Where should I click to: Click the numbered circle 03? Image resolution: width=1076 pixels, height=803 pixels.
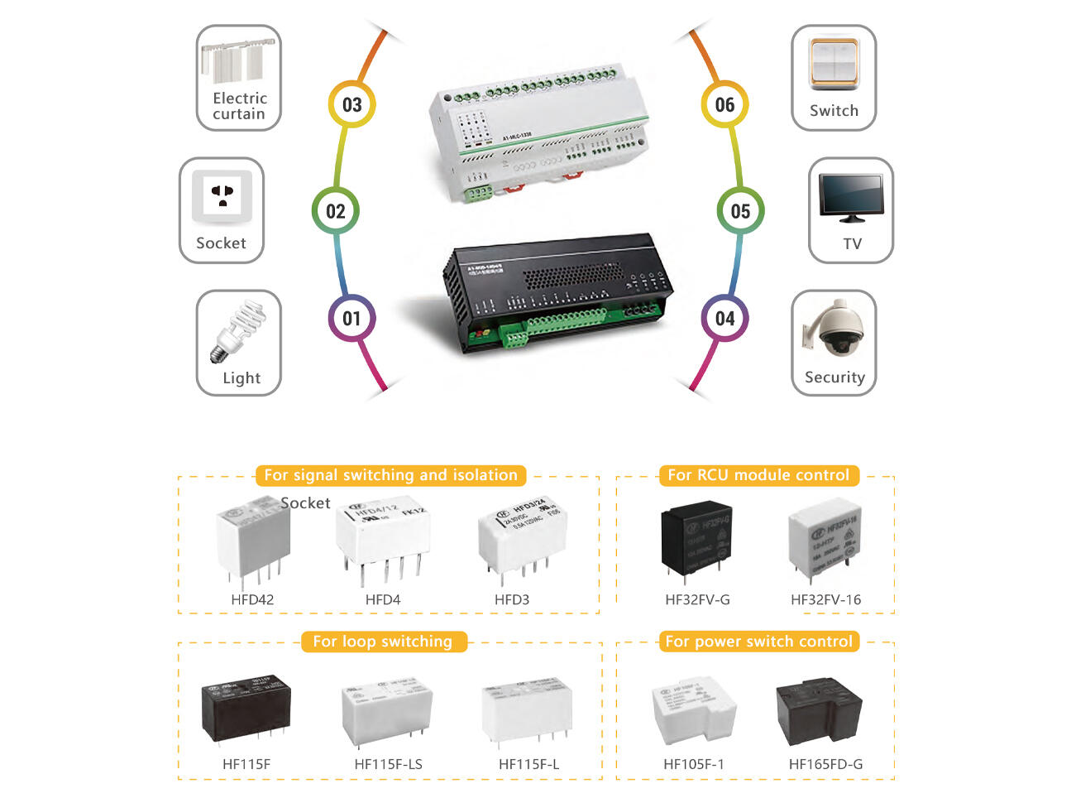pyautogui.click(x=351, y=104)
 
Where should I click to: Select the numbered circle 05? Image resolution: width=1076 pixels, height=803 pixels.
pyautogui.click(x=740, y=211)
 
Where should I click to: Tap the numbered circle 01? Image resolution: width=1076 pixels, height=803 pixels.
pyautogui.click(x=351, y=319)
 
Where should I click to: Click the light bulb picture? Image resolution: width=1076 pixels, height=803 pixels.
pyautogui.click(x=237, y=331)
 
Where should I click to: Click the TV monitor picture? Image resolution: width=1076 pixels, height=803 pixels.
pyautogui.click(x=850, y=197)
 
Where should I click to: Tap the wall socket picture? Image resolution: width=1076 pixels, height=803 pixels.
pyautogui.click(x=222, y=197)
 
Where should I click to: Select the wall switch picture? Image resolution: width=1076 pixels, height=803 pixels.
pyautogui.click(x=834, y=64)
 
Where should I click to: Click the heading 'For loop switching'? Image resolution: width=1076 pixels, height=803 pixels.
pyautogui.click(x=383, y=642)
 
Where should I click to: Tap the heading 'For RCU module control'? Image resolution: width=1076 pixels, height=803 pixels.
pyautogui.click(x=758, y=475)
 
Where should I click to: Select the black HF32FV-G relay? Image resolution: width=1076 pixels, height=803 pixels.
pyautogui.click(x=696, y=538)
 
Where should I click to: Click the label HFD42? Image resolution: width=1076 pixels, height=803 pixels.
pyautogui.click(x=252, y=599)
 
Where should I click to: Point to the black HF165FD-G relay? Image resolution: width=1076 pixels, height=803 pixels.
pyautogui.click(x=819, y=713)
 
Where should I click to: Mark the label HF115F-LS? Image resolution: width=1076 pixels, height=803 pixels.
pyautogui.click(x=388, y=764)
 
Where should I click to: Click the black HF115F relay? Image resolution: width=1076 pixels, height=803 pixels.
pyautogui.click(x=246, y=708)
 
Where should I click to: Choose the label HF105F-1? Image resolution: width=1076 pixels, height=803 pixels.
pyautogui.click(x=693, y=764)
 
